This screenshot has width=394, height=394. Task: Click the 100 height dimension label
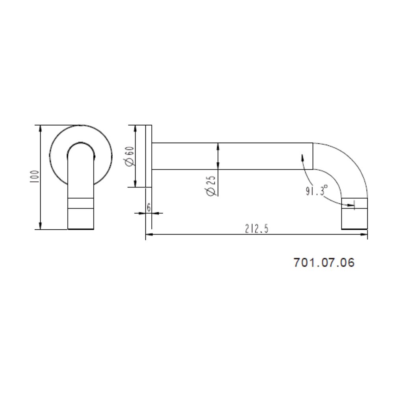[34, 177]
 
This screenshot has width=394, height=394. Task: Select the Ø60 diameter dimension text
[131, 156]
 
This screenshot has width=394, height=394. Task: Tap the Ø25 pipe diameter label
[211, 186]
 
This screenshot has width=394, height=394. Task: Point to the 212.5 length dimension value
[256, 229]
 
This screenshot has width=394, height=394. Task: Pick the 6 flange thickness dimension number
[149, 208]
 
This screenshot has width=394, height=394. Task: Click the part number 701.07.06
[324, 262]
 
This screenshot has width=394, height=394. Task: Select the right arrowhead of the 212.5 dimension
[364, 234]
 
